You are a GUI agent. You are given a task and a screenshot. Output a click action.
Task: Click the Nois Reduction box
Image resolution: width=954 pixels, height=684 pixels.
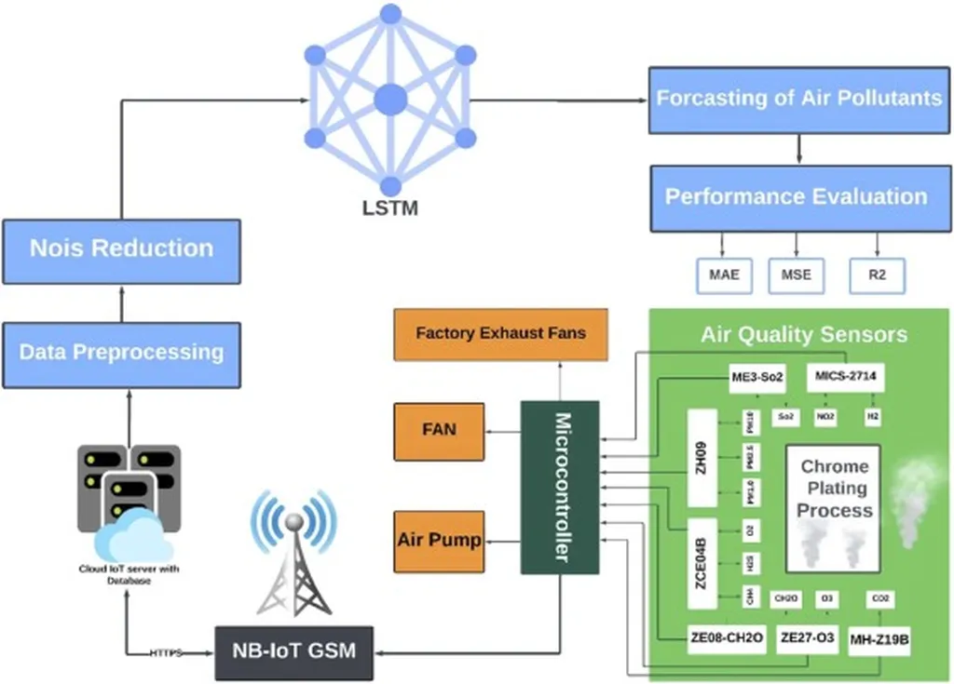(x=121, y=249)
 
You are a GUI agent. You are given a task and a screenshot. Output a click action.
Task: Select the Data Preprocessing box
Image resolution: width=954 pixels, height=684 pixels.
(x=121, y=354)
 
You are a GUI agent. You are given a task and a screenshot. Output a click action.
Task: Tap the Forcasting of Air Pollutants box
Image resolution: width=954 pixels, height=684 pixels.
(x=799, y=99)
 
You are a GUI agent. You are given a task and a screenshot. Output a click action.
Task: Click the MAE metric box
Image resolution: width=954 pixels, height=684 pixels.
(x=723, y=275)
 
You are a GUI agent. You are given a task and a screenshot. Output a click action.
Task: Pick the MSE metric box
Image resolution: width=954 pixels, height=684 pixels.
(x=796, y=275)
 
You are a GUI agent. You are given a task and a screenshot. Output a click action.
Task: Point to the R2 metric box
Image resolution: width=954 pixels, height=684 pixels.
(x=877, y=275)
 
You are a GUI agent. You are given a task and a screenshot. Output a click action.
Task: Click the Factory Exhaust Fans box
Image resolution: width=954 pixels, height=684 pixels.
(x=500, y=333)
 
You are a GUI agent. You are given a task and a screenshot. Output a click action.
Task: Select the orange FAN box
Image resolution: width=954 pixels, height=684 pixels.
(x=439, y=431)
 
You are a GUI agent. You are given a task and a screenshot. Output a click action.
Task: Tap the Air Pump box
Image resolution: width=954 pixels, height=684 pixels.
(x=439, y=540)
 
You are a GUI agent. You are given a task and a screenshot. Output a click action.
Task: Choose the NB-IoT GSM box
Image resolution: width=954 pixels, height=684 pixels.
(x=293, y=650)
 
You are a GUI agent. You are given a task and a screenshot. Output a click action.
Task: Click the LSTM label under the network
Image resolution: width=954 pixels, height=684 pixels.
(x=389, y=208)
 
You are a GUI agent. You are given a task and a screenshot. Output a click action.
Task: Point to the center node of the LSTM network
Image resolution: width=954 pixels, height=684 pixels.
(x=390, y=100)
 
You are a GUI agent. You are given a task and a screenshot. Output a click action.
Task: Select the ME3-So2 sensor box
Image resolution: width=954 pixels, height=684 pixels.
(x=757, y=379)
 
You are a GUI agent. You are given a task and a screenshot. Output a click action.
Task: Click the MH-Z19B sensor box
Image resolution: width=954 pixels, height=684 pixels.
(x=879, y=640)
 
